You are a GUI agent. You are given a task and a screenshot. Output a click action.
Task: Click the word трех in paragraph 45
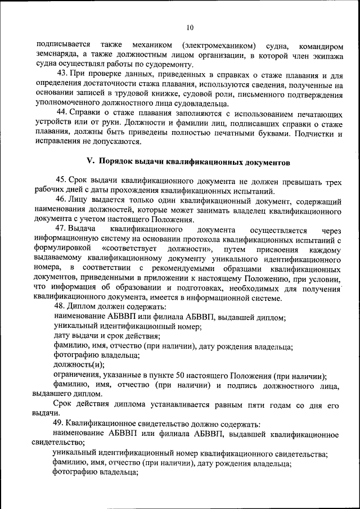(332, 179)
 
